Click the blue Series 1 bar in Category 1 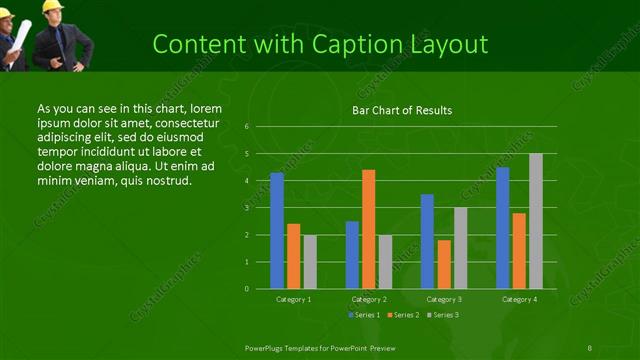tap(277, 230)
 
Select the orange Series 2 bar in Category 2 tap(368, 229)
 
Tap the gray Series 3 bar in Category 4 tap(536, 221)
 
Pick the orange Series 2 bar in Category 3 tap(444, 264)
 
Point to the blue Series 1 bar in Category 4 tap(503, 228)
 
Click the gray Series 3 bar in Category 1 tap(310, 261)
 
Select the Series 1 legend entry tap(364, 315)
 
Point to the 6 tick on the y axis tap(246, 127)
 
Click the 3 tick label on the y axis tap(246, 208)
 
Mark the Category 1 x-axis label tap(293, 299)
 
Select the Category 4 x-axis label tap(519, 299)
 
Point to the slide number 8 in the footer tap(590, 347)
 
